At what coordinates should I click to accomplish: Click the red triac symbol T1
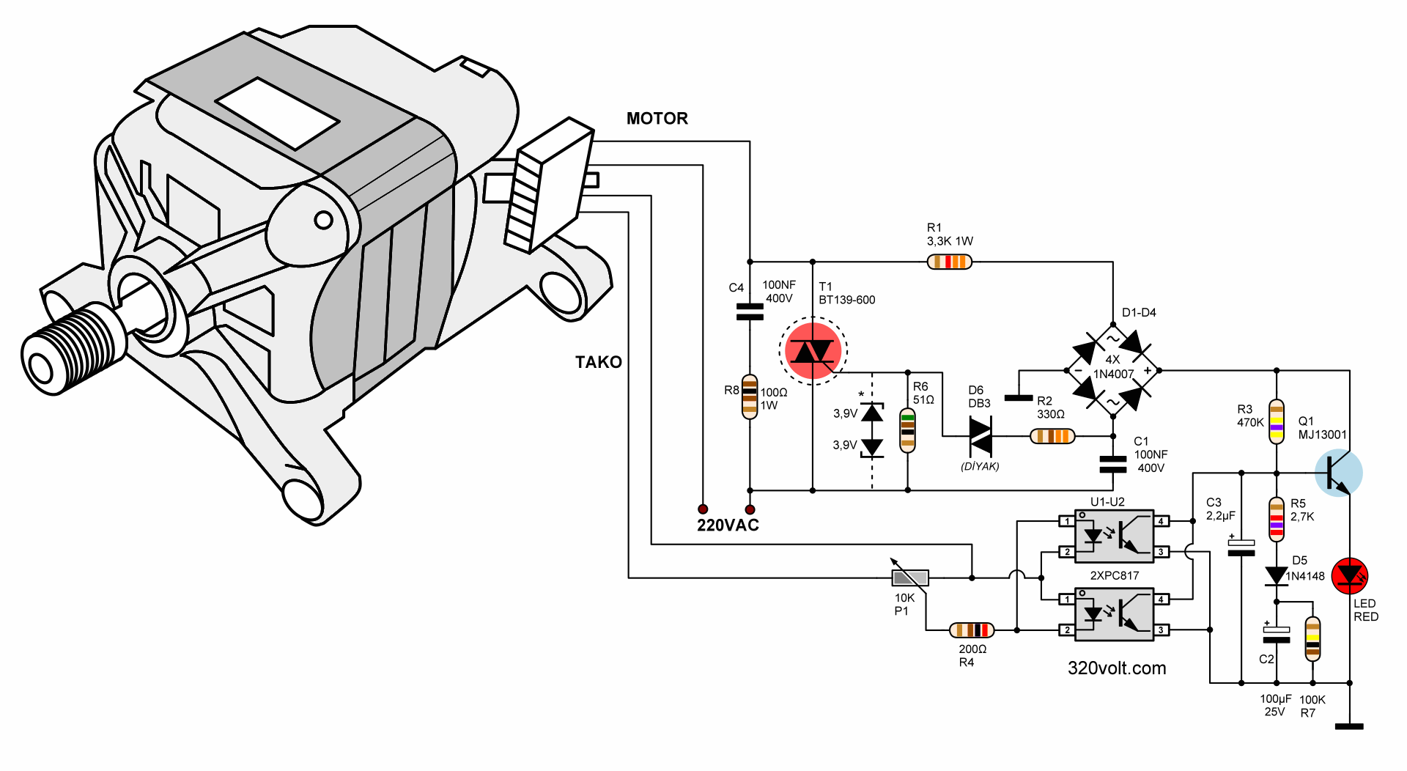[813, 352]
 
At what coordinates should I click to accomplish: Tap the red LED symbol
[1349, 575]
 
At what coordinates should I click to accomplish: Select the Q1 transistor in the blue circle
[1338, 473]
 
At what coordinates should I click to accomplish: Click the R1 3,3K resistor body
[949, 262]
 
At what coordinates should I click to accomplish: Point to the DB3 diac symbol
[981, 436]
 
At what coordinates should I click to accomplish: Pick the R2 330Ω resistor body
[1052, 436]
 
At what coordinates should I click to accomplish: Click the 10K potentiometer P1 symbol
[910, 578]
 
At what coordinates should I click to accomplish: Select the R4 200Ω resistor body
[972, 630]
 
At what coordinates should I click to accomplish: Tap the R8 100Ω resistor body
[749, 396]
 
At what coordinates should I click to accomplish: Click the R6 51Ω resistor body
[907, 430]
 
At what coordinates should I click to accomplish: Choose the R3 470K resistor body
[1277, 421]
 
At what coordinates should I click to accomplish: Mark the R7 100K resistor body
[1312, 639]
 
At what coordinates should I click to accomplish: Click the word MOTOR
[657, 119]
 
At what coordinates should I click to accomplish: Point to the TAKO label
[598, 362]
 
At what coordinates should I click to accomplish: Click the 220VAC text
[728, 525]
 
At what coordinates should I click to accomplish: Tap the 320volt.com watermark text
[1116, 668]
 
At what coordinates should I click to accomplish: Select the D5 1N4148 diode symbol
[1277, 576]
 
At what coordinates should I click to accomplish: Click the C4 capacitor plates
[749, 311]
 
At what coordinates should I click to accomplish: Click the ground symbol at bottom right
[1349, 726]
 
